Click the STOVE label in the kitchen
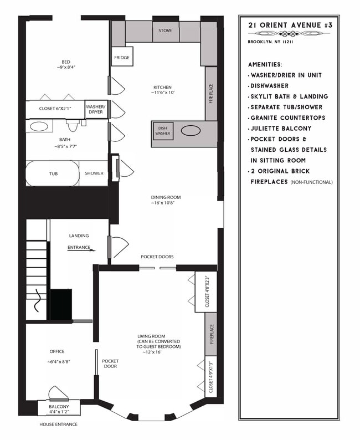pyautogui.click(x=165, y=31)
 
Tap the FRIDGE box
pyautogui.click(x=122, y=58)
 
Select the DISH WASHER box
pyautogui.click(x=163, y=130)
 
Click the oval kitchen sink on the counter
pyautogui.click(x=192, y=131)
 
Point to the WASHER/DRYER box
pyautogui.click(x=95, y=109)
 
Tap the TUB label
pyautogui.click(x=53, y=173)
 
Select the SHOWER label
pyautogui.click(x=94, y=173)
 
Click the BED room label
pyautogui.click(x=65, y=62)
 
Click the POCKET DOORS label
pyautogui.click(x=157, y=257)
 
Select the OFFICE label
pyautogui.click(x=57, y=352)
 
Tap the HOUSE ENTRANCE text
pyautogui.click(x=58, y=424)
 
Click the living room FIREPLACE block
pyautogui.click(x=211, y=333)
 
